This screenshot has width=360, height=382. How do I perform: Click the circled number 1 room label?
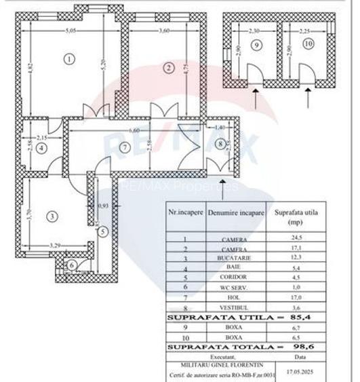(x=69, y=59)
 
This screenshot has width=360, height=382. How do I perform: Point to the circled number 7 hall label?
(x=123, y=147)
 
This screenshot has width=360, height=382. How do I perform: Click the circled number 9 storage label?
(x=256, y=45)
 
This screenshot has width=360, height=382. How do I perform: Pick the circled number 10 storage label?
(x=308, y=45)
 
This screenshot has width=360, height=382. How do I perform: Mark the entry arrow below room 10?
(x=308, y=99)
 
